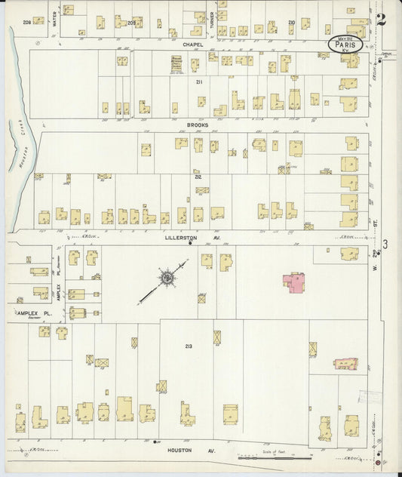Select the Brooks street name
pos(198,125)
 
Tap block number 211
pos(199,82)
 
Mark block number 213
pos(189,346)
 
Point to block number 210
pos(291,23)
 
